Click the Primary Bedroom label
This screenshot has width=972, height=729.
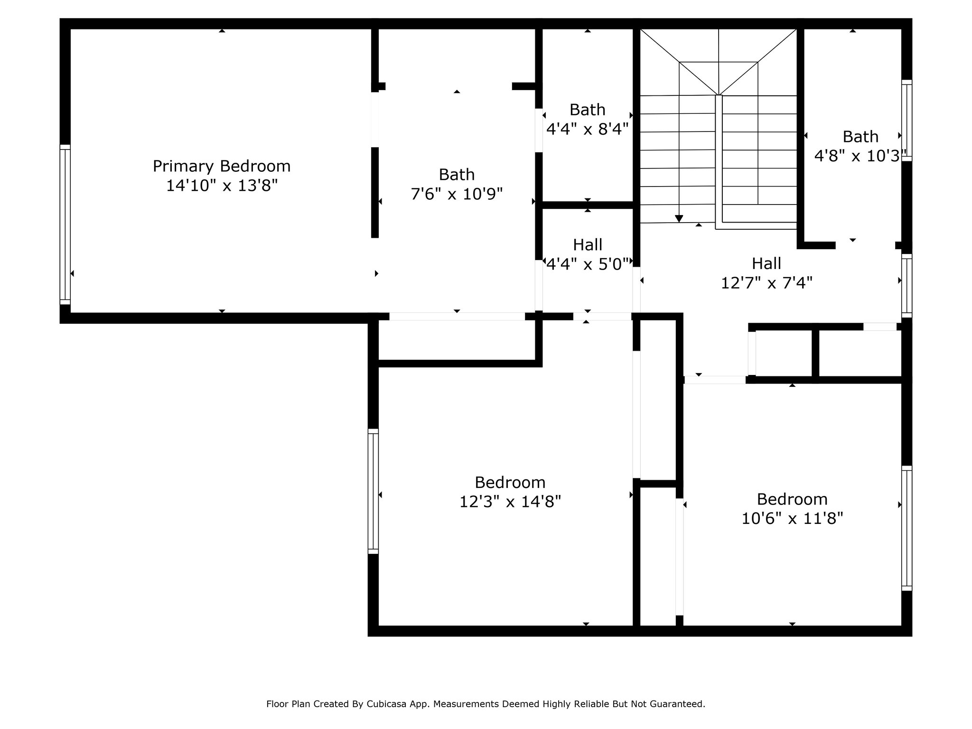pos(222,167)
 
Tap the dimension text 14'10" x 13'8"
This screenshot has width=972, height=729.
pos(222,186)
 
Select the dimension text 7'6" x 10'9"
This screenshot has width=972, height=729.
pos(457,194)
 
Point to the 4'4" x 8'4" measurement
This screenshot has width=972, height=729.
pos(588,129)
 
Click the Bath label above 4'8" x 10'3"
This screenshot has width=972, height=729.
pos(860,137)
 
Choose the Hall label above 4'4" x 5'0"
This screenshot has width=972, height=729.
pos(588,245)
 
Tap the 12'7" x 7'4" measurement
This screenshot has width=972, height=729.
pos(766,283)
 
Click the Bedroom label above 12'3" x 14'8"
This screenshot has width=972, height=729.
pos(510,483)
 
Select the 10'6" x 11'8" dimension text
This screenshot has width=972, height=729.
pos(792,518)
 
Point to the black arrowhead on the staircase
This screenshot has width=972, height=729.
pos(679,218)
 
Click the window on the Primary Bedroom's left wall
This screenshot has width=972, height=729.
pos(65,224)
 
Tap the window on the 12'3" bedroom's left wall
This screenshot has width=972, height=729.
pos(374,491)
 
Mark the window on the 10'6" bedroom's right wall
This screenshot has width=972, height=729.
pos(907,528)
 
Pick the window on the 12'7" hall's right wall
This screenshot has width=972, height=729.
pos(907,286)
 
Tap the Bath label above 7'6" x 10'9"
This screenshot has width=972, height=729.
pos(457,175)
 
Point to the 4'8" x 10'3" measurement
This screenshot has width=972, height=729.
pos(857,156)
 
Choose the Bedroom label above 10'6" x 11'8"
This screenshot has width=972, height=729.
pos(792,499)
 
